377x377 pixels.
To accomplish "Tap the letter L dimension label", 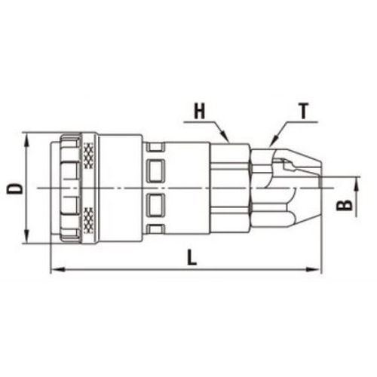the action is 192,257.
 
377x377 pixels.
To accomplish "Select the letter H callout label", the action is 200,112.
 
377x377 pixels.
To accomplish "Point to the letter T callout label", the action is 304,112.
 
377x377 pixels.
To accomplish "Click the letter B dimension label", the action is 345,206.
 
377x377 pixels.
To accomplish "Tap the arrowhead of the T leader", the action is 273,139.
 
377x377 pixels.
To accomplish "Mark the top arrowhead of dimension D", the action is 27,140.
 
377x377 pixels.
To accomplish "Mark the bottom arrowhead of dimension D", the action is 27,236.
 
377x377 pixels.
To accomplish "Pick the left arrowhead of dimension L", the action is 58,270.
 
